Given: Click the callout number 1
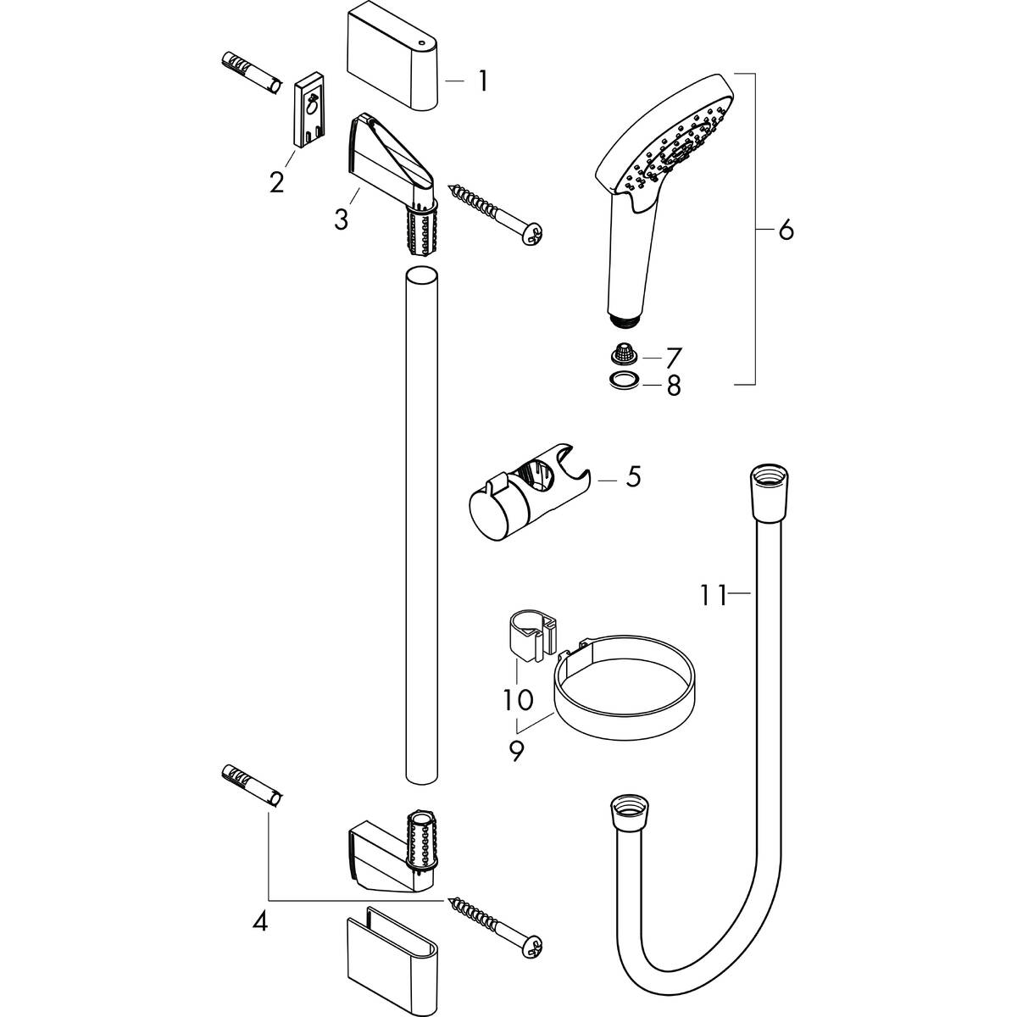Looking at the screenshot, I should (x=482, y=81).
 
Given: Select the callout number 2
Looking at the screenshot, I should (x=276, y=181).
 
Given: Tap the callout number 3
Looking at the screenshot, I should (x=341, y=219).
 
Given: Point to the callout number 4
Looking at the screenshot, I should (x=260, y=921).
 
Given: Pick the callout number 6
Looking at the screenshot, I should (x=785, y=230).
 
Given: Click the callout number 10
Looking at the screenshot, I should (x=519, y=699).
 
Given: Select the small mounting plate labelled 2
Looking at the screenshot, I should (x=309, y=113).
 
